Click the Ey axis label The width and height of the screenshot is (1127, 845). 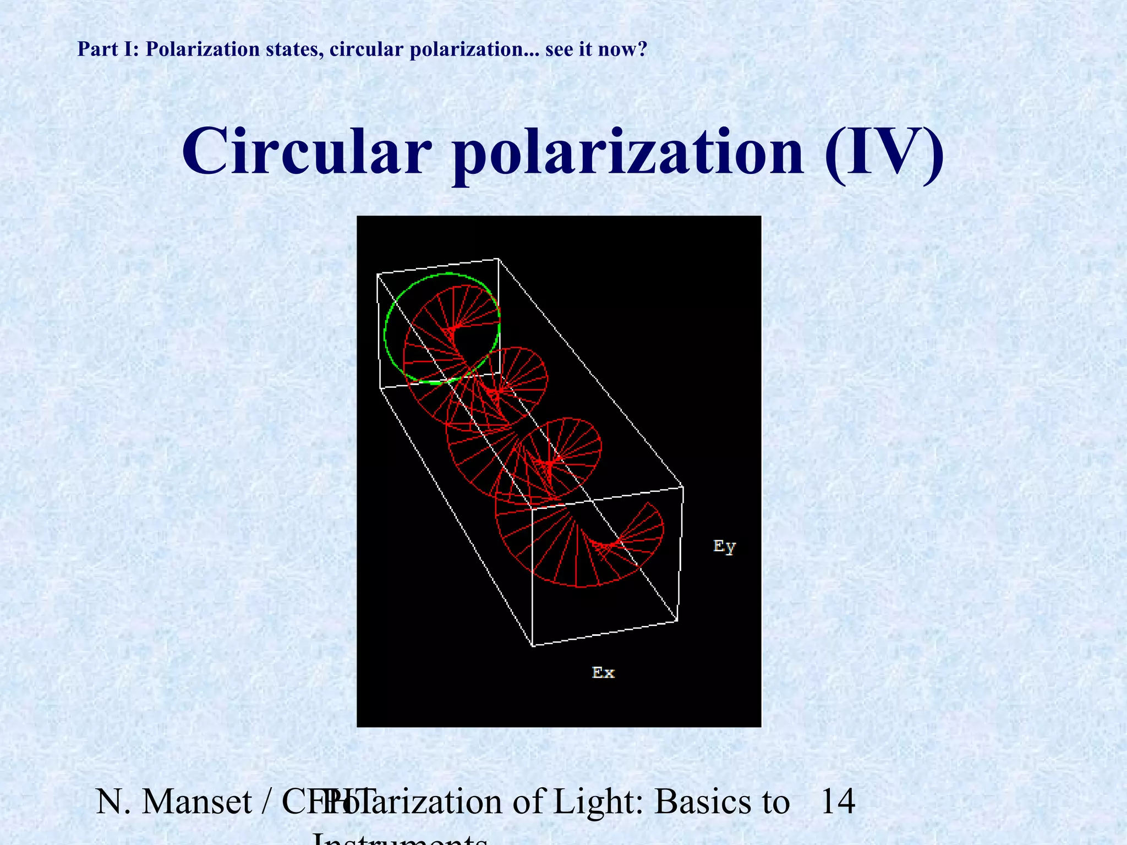pyautogui.click(x=724, y=546)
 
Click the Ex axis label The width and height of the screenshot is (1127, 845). pyautogui.click(x=603, y=672)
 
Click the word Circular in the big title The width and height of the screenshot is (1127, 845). pyautogui.click(x=307, y=151)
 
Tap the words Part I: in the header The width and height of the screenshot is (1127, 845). pyautogui.click(x=108, y=50)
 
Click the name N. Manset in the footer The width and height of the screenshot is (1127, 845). pyautogui.click(x=174, y=802)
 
